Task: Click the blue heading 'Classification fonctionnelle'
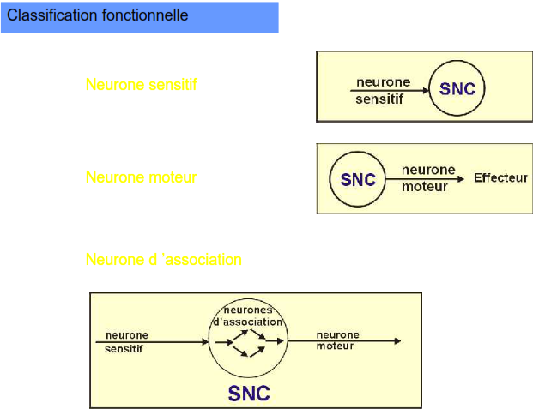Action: [x=97, y=16]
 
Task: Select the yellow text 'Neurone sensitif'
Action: [x=141, y=85]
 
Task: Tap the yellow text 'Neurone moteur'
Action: [x=141, y=177]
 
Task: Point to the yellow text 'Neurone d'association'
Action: [x=163, y=259]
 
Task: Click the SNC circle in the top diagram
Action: [x=457, y=88]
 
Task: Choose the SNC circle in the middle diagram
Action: [x=358, y=180]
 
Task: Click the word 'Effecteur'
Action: [x=500, y=178]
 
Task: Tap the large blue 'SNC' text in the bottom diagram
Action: [x=249, y=394]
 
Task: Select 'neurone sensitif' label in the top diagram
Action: [x=383, y=90]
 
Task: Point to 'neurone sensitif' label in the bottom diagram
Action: [x=126, y=341]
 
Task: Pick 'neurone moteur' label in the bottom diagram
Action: [x=337, y=340]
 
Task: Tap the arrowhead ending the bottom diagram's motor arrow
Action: [x=397, y=341]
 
